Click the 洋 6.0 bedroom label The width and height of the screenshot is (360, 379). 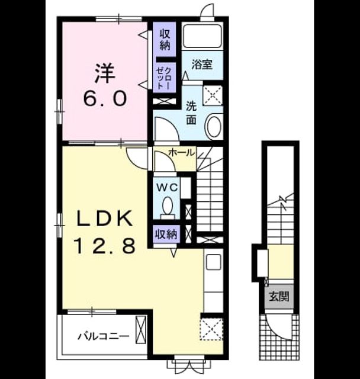[x=105, y=85]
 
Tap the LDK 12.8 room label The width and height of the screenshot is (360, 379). [x=105, y=232]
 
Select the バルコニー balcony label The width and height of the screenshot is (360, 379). [x=104, y=336]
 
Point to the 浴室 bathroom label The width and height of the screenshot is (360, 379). [x=202, y=65]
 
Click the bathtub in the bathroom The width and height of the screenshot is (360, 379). [x=202, y=36]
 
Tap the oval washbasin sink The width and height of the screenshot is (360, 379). [x=213, y=126]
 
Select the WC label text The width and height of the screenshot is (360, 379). [x=167, y=187]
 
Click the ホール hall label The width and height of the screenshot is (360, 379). [x=182, y=152]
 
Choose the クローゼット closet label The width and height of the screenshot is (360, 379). [x=164, y=78]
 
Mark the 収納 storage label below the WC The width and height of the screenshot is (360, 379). [x=166, y=234]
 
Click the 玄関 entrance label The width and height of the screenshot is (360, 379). [x=279, y=296]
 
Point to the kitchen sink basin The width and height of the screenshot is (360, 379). [x=213, y=262]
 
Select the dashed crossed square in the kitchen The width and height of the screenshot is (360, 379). [x=211, y=329]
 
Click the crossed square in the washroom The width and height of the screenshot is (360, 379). [x=213, y=95]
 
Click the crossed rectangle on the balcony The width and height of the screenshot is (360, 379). [x=141, y=329]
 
